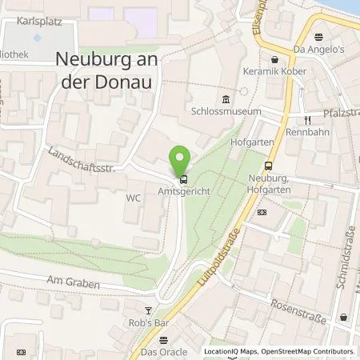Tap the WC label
[x=133, y=195]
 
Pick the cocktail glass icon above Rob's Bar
[x=146, y=310]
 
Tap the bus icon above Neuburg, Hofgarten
[x=268, y=166]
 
